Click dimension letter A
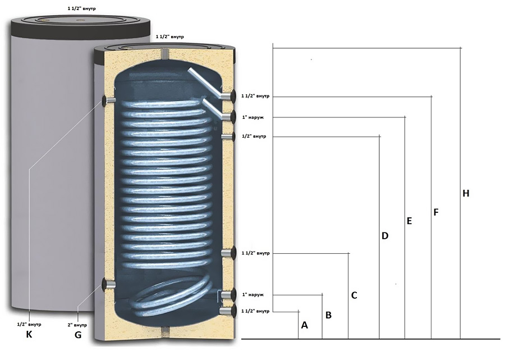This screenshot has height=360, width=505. (x=304, y=325)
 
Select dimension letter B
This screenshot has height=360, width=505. (x=328, y=315)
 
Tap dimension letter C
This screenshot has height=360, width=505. (x=354, y=295)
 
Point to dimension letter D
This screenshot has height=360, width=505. (x=385, y=236)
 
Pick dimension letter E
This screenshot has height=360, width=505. (x=410, y=221)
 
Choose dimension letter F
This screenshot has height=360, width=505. (x=436, y=212)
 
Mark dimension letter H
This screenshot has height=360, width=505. (x=466, y=193)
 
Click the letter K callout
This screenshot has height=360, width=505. (x=29, y=335)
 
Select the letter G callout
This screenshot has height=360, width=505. (x=78, y=335)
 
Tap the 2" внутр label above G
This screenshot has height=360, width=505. (x=77, y=325)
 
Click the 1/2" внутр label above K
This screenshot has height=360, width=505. (x=29, y=324)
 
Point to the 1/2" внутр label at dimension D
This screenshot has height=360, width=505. (x=254, y=136)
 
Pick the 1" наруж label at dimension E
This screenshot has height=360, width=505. (x=253, y=117)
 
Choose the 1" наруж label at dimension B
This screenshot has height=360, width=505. (x=253, y=295)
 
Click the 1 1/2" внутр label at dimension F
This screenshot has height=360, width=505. (x=255, y=96)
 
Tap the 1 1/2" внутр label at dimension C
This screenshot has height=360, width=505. (x=255, y=253)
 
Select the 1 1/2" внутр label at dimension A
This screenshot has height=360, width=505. (x=255, y=311)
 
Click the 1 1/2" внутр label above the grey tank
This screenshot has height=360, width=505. (x=81, y=8)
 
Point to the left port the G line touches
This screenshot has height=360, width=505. (x=108, y=284)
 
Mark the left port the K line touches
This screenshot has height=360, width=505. (x=108, y=100)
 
